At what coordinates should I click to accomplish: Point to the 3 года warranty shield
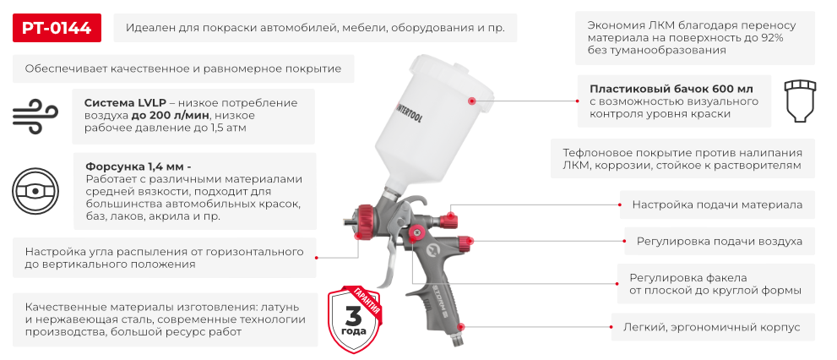355,315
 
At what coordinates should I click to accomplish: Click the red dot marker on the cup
471,100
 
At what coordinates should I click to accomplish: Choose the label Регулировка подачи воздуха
719,241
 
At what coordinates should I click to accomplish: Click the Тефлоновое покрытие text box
682,159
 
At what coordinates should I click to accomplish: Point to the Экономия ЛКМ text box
694,38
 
